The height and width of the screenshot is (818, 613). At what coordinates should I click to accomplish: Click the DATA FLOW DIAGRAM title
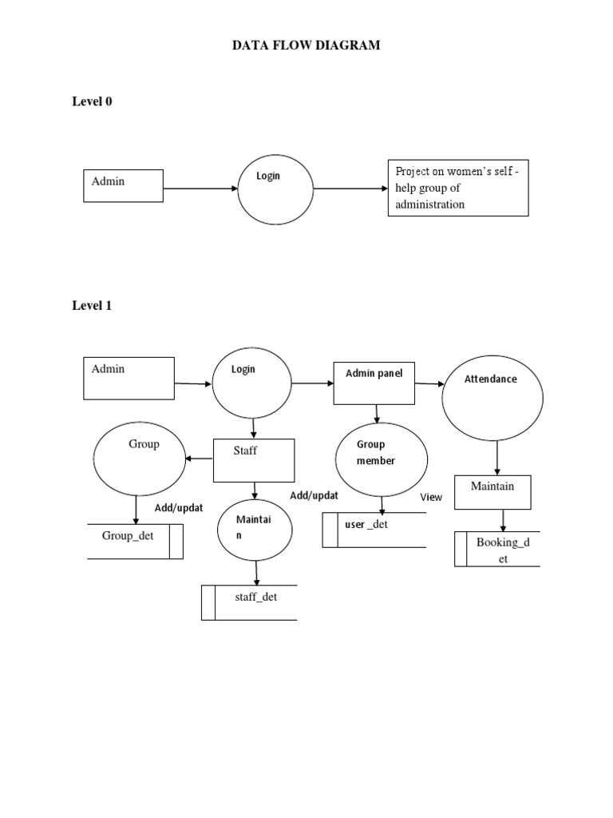coord(306,46)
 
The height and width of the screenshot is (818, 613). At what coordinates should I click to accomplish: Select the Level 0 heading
coord(92,101)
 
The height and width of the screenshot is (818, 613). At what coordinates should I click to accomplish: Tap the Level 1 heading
coord(92,305)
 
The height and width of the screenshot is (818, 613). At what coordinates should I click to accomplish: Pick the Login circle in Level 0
coord(275,190)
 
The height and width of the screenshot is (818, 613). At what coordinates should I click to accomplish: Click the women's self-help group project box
coord(457,189)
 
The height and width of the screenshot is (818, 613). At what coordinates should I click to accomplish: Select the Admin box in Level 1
coord(129,378)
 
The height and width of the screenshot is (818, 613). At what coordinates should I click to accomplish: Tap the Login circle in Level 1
coord(252,384)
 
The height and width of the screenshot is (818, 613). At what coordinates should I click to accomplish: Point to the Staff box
coord(255,460)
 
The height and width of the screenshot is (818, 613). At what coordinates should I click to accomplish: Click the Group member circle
coord(382,459)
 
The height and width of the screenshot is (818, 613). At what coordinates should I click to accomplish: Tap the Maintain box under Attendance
coord(492,492)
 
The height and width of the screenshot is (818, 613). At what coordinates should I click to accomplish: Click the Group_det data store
coord(135,541)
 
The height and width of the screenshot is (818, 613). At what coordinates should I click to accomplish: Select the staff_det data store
coord(249,602)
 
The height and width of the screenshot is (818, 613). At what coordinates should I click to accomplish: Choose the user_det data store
coord(374,530)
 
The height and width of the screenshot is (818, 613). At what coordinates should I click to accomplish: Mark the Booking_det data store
coord(497,550)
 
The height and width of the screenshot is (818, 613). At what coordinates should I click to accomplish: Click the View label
coord(431,497)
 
